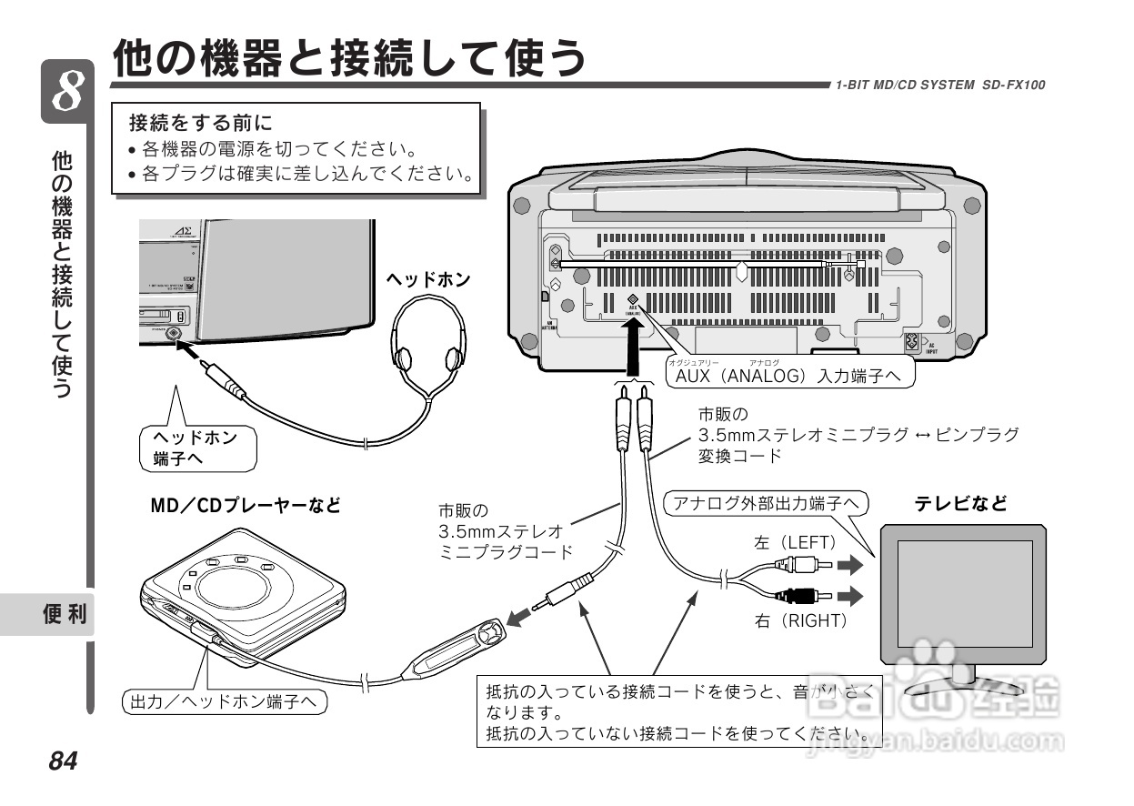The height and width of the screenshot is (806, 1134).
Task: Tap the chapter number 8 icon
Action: pyautogui.click(x=67, y=92)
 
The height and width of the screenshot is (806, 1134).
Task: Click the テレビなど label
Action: pyautogui.click(x=960, y=503)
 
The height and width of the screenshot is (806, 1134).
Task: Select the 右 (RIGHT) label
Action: pyautogui.click(x=800, y=620)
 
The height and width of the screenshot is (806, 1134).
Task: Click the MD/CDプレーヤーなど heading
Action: pyautogui.click(x=246, y=506)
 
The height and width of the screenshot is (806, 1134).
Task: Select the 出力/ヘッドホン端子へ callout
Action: pyautogui.click(x=224, y=701)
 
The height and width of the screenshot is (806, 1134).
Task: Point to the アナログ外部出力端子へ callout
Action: pyautogui.click(x=766, y=503)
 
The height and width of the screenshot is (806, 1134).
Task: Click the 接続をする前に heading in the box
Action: pyautogui.click(x=201, y=122)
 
